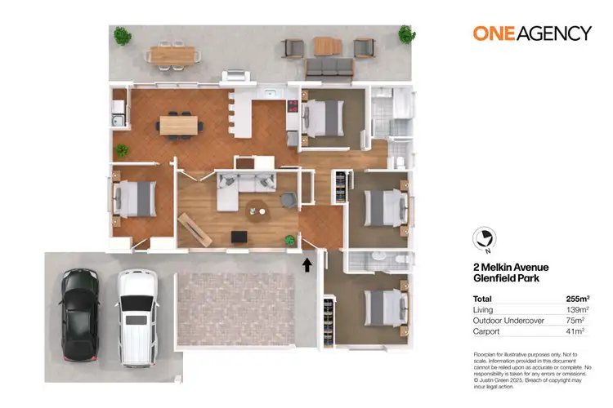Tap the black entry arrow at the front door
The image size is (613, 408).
308,264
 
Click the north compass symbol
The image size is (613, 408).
485,237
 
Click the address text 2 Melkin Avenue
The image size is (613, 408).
511,267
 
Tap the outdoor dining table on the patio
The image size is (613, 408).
173,55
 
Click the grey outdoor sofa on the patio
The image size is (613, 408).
329,66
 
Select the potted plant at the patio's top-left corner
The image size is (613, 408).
122,36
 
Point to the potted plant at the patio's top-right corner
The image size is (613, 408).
405,33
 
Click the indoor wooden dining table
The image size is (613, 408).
179,125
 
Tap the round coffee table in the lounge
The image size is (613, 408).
259,211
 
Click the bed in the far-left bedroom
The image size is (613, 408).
135,197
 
